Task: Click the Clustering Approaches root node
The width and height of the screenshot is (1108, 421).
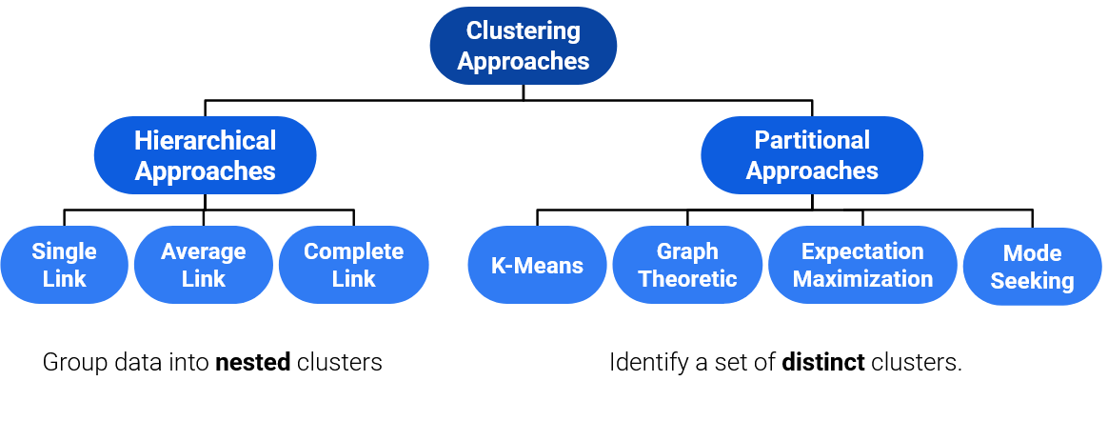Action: pyautogui.click(x=523, y=46)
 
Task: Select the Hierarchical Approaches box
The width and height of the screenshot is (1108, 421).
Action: pyautogui.click(x=205, y=155)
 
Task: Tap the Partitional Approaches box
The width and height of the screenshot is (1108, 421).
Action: pyautogui.click(x=812, y=155)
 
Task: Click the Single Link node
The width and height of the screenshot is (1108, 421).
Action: pyautogui.click(x=64, y=265)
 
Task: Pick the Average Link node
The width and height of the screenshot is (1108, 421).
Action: pyautogui.click(x=203, y=265)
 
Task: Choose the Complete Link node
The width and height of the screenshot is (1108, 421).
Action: pyautogui.click(x=353, y=265)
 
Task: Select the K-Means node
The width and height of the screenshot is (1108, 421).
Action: pyautogui.click(x=537, y=266)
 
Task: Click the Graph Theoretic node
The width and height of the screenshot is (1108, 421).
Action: pyautogui.click(x=687, y=265)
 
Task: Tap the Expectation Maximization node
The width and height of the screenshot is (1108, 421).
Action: pyautogui.click(x=862, y=265)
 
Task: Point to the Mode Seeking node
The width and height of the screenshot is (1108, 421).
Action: pyautogui.click(x=1032, y=267)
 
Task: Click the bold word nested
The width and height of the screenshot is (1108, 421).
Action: pyautogui.click(x=252, y=363)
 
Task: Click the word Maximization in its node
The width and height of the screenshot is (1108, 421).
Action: pyautogui.click(x=862, y=279)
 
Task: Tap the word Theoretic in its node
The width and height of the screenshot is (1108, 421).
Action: pyautogui.click(x=687, y=279)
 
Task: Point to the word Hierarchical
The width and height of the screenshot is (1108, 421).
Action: pyautogui.click(x=205, y=141)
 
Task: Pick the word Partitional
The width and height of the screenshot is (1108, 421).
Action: pyautogui.click(x=812, y=141)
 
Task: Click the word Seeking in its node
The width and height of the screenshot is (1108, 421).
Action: pyautogui.click(x=1032, y=281)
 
